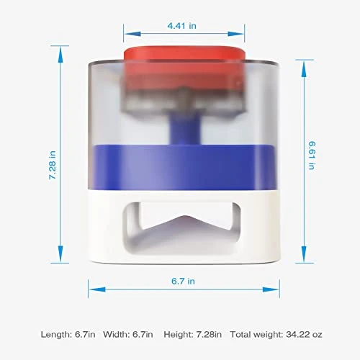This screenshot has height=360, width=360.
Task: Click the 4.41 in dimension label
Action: [181, 26]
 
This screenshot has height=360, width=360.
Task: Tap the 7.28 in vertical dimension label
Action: [53, 165]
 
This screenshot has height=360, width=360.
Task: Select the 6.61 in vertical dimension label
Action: [312, 156]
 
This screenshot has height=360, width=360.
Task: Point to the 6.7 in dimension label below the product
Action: [183, 281]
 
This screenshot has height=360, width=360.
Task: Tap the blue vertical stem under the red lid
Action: [185, 127]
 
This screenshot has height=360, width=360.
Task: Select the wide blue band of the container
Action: [185, 167]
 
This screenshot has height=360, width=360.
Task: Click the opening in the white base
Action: [182, 228]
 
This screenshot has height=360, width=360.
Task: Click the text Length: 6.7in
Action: [68, 335]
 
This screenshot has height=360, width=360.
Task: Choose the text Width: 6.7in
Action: [128, 335]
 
